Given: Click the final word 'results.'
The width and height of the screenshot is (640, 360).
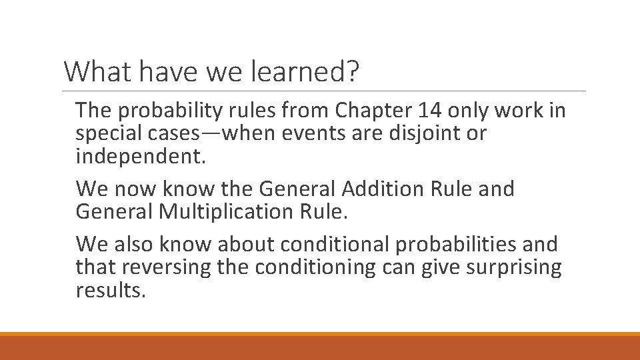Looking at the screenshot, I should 110,291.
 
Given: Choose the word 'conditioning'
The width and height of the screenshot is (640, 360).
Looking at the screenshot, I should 319,268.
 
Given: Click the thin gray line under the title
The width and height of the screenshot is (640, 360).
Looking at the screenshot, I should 325,91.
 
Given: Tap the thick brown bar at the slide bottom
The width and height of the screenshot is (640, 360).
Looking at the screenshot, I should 320,348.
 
